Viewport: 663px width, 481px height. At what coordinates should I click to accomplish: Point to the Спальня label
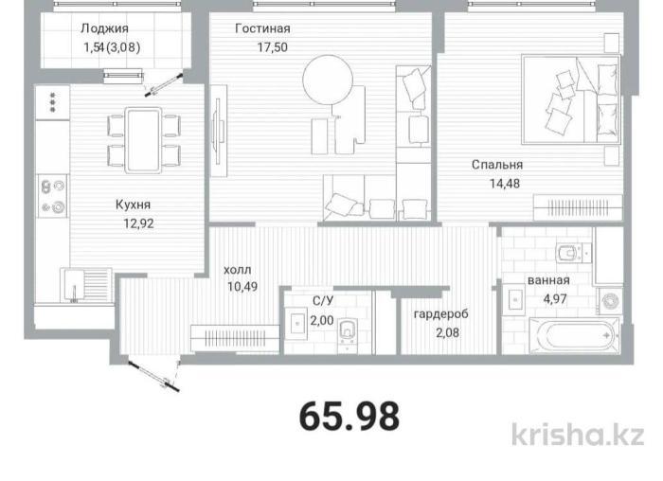[497, 164]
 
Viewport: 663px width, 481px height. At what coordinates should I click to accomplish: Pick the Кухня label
[133, 205]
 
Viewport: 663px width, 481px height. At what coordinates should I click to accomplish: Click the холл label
[238, 268]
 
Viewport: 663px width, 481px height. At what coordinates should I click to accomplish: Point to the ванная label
[548, 280]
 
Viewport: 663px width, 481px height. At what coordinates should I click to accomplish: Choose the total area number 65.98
[349, 415]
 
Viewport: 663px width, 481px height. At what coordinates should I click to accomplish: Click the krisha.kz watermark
[584, 436]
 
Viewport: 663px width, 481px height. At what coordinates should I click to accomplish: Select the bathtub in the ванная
[559, 335]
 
